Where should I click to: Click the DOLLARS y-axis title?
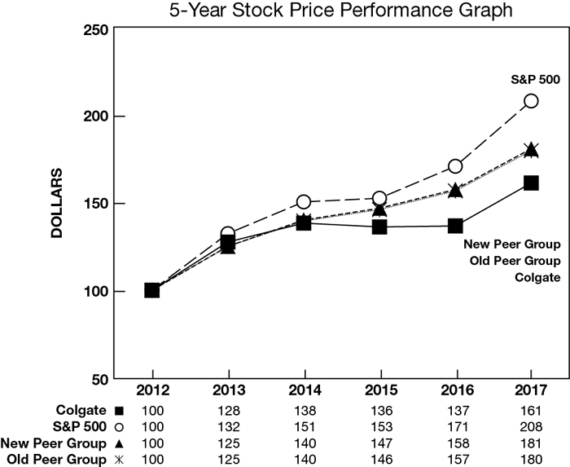click(x=57, y=204)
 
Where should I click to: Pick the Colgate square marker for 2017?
click(x=531, y=183)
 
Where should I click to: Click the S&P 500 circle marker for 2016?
click(x=455, y=166)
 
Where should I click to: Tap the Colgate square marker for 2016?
click(x=455, y=226)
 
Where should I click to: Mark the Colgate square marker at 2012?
click(x=152, y=290)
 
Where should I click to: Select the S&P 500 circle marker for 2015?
click(x=379, y=198)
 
